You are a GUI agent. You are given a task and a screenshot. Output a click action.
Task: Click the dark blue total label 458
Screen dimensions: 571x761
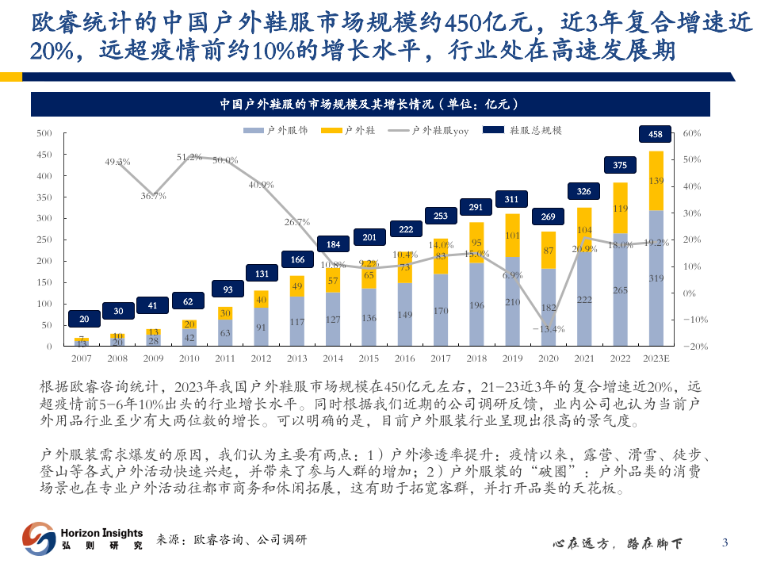click(655, 135)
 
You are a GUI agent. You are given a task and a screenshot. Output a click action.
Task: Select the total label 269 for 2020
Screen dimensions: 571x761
click(549, 217)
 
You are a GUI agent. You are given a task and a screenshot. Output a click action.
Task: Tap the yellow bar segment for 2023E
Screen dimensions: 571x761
click(656, 181)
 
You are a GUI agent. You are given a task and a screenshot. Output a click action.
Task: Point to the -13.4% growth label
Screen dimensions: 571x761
click(548, 328)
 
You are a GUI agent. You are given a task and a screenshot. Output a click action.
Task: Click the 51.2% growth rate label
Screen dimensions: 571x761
click(189, 157)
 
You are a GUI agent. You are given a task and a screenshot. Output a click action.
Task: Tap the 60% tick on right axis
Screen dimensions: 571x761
click(691, 133)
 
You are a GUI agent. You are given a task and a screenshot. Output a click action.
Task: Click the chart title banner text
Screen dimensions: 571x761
click(380, 104)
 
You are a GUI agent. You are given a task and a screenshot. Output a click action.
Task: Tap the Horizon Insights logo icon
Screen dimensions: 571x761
click(38, 538)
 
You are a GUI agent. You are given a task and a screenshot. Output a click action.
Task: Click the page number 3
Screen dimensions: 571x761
click(725, 542)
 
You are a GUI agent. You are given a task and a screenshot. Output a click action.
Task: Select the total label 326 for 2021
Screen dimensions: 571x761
click(584, 191)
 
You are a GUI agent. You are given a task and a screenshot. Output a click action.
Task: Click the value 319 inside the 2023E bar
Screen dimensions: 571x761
click(656, 278)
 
